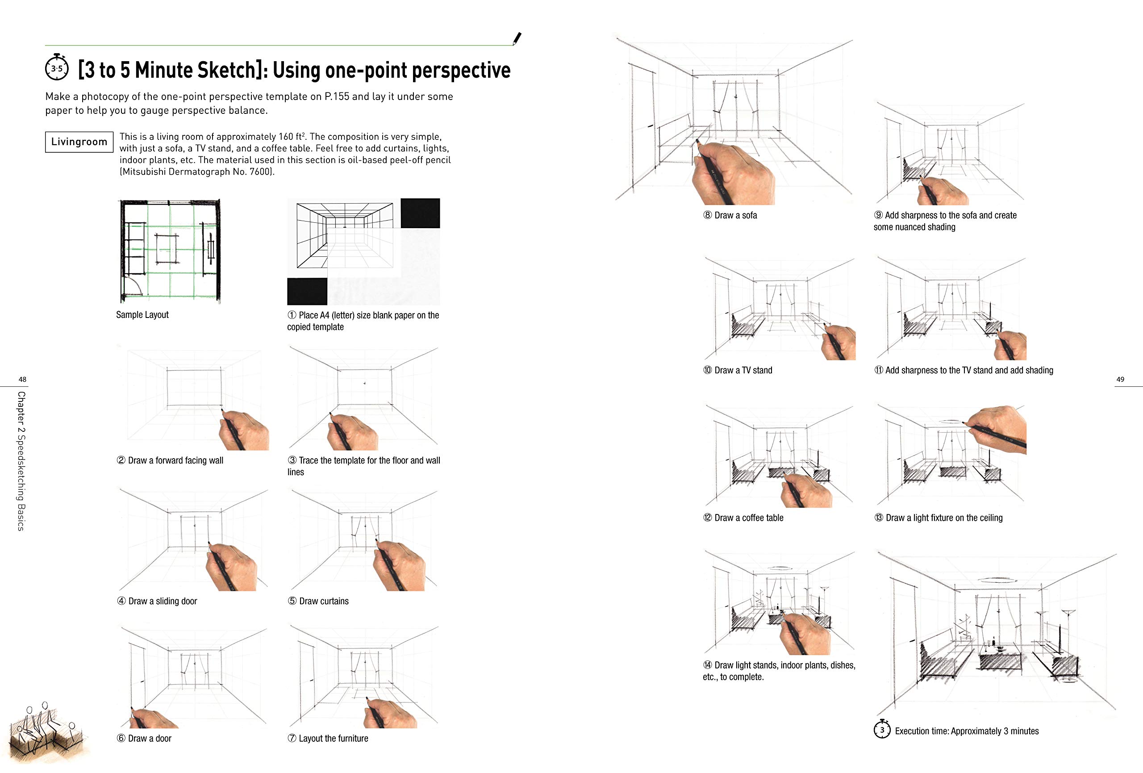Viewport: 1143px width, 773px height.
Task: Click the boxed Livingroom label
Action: [79, 142]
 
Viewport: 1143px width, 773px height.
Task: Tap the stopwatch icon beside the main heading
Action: [57, 68]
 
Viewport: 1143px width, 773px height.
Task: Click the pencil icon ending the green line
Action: [517, 38]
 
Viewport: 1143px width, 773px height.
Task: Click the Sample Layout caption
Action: [142, 315]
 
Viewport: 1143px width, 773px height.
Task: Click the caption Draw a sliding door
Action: [163, 601]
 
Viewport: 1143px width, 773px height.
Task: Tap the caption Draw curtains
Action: [324, 601]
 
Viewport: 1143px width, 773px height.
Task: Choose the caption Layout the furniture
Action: [333, 739]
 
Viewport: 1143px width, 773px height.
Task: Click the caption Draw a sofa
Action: [735, 216]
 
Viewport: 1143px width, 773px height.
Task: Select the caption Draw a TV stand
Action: [743, 371]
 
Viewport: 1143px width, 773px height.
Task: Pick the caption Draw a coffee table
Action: [749, 518]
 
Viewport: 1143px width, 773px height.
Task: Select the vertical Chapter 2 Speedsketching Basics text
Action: [21, 460]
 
